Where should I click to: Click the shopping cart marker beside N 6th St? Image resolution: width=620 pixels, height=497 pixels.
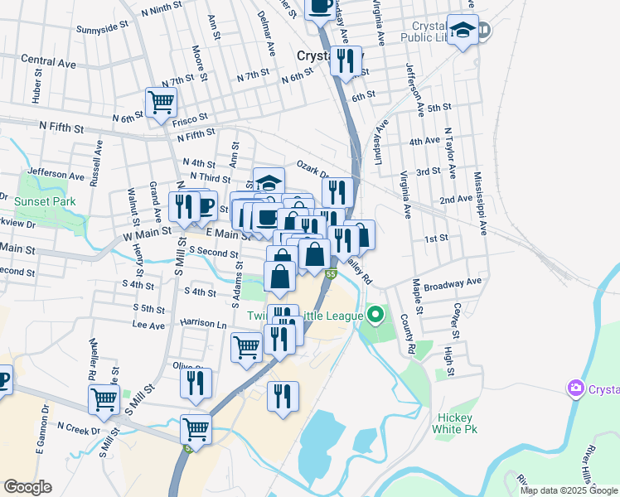pos(161,103)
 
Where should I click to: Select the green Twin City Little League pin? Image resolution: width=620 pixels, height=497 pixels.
pos(376,315)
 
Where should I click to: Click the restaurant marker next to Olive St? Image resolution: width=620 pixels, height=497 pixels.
pos(196,383)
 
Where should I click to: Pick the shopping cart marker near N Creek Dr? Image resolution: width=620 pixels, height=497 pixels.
pos(196,429)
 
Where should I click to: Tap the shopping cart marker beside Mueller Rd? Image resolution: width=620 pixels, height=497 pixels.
pos(104,399)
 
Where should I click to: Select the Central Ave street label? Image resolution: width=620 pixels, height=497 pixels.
pos(49,60)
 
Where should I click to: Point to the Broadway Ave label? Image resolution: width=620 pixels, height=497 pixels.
pos(453,282)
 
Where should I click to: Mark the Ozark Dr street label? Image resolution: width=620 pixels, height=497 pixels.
pos(313,168)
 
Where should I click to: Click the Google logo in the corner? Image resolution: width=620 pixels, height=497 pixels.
pos(28,487)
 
